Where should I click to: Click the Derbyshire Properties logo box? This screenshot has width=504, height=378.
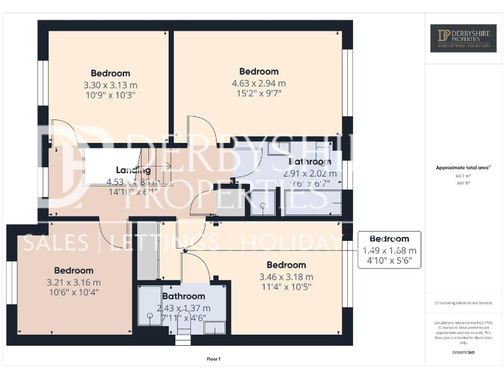coord(463,38)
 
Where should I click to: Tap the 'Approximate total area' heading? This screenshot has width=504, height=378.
coord(461,167)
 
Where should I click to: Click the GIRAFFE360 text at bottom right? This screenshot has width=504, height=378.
coord(463,353)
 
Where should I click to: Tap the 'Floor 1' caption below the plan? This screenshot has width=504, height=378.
coord(213,359)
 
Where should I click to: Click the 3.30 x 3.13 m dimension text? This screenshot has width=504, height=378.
coord(110,85)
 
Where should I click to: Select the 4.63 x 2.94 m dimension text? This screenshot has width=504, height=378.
coord(259,83)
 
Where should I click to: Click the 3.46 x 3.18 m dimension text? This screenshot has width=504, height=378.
coord(286,277)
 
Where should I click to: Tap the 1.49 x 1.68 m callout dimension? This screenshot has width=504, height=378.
coord(389,251)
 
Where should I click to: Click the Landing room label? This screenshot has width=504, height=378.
coord(134,171)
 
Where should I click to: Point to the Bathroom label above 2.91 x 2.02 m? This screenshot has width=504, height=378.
coord(310,161)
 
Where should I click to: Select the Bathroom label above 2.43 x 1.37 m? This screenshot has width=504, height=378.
coord(184,297)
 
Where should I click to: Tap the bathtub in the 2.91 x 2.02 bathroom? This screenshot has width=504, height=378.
coord(312,203)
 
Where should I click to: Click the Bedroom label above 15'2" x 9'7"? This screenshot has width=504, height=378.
coord(259,72)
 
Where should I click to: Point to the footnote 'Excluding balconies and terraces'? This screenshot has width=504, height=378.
coord(463,303)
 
